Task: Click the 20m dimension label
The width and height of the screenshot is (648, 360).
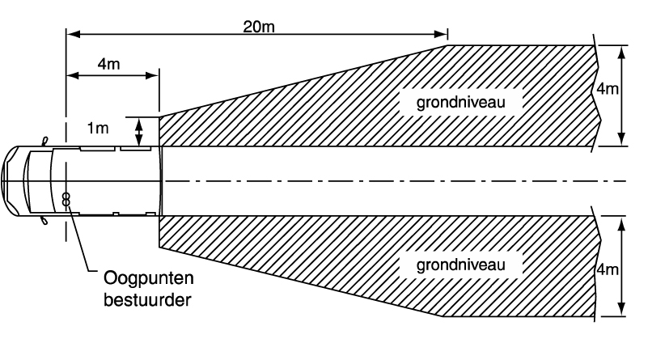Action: (x=259, y=27)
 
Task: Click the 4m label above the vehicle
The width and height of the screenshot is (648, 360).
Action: (x=108, y=64)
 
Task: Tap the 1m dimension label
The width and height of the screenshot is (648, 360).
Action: (x=98, y=128)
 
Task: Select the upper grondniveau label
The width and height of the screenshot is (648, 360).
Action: (x=461, y=102)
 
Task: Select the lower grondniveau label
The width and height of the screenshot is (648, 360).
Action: (x=461, y=265)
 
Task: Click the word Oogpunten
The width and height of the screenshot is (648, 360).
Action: (x=149, y=278)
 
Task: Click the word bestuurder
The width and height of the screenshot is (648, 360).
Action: (x=147, y=299)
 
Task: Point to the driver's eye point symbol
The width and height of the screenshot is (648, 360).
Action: (x=66, y=199)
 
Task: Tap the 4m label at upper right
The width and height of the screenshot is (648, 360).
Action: (x=608, y=88)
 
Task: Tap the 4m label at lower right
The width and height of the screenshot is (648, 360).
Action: (x=608, y=269)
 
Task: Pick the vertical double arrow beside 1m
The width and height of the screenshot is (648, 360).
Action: (x=139, y=131)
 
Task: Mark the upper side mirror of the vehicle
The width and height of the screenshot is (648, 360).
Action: (x=45, y=142)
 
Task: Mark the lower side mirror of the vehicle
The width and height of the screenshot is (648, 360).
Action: (x=44, y=221)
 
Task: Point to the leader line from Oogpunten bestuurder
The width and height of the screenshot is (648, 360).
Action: (x=85, y=240)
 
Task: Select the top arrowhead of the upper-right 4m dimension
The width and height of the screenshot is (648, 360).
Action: (x=621, y=52)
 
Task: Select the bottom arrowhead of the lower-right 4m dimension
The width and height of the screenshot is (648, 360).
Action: (x=621, y=310)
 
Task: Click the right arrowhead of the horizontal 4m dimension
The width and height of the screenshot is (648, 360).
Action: (x=153, y=75)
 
